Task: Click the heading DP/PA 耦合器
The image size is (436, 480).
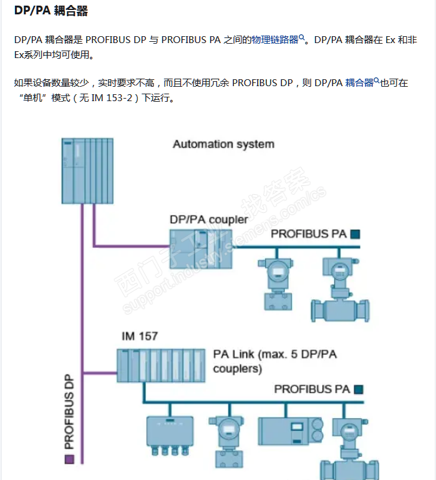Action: click(51, 11)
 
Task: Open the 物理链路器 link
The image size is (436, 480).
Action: click(275, 40)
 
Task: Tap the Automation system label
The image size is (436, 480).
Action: click(223, 144)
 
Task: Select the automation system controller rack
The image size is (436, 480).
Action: click(88, 170)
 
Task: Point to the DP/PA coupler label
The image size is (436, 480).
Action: click(208, 220)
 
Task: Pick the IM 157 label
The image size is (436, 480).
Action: click(140, 336)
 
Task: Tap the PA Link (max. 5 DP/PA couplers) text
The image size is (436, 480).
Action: click(274, 361)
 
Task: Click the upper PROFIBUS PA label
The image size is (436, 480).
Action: click(308, 234)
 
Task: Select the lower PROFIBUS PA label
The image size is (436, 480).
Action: click(312, 389)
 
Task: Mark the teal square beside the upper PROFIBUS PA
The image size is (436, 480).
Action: click(356, 235)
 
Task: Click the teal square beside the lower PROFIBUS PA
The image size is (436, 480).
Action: click(359, 389)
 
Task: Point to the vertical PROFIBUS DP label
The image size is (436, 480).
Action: click(69, 412)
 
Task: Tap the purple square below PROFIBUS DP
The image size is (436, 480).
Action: click(69, 459)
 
